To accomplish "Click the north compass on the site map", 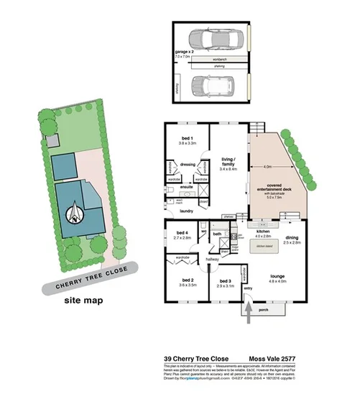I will (x=74, y=214).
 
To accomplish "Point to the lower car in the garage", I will (x=213, y=88).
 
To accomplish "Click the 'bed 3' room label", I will (x=225, y=281).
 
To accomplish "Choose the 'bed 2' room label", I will (x=188, y=281).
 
